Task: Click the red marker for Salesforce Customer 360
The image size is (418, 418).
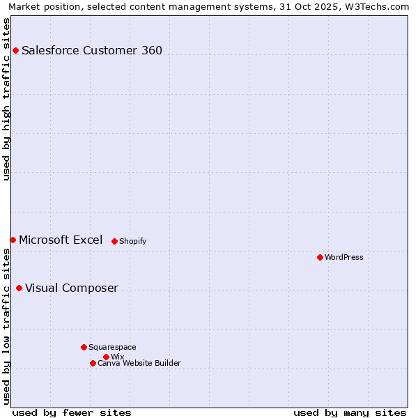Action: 15,50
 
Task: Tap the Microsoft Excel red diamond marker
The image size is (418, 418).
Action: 13,240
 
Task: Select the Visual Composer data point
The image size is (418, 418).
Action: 19,288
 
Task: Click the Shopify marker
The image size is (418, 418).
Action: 114,241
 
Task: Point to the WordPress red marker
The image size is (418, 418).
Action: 320,257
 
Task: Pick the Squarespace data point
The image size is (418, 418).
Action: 84,347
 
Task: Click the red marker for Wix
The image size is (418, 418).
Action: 106,357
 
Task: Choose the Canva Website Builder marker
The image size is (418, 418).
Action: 93,363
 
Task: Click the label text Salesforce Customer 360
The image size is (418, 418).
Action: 92,50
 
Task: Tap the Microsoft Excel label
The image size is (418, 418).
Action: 61,240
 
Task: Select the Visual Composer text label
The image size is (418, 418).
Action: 72,288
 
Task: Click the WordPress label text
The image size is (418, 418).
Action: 344,257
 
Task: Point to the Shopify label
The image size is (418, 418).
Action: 133,241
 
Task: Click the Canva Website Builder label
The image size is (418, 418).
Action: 139,363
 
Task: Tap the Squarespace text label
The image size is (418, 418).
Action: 113,347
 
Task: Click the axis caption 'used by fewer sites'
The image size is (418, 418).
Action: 72,412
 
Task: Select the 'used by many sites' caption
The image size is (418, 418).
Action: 350,412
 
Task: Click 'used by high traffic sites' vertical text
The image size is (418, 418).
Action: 6,99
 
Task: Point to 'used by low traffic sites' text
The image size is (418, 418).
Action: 6,326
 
